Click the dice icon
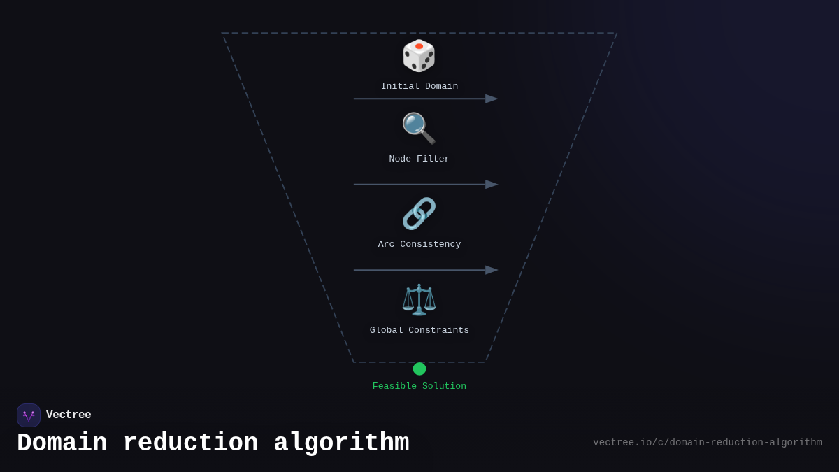419,56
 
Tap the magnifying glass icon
418,128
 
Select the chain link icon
419,213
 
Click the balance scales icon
419,299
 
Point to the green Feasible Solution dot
419,369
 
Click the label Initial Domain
419,87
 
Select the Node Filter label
419,159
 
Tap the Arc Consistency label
419,245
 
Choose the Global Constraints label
419,331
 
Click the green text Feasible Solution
419,387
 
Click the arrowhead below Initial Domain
492,99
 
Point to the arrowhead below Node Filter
492,185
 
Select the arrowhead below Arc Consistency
492,270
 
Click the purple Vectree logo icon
29,415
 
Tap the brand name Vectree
69,415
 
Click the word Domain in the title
62,443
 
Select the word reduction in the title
190,443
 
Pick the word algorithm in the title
341,443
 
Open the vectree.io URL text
708,443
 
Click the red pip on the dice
419,46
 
